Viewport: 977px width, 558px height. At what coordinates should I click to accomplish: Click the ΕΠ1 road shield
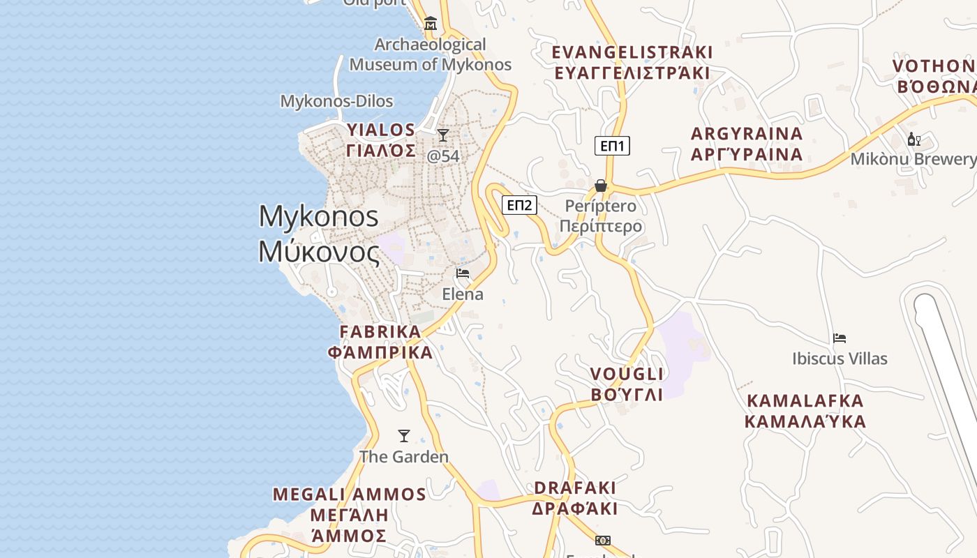click(612, 146)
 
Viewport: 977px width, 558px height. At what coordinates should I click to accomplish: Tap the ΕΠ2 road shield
click(519, 204)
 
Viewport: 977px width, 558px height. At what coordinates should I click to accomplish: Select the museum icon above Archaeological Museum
click(431, 24)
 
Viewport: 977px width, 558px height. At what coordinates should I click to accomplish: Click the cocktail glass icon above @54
click(443, 135)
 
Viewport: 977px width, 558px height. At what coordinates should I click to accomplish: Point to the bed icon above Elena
click(462, 273)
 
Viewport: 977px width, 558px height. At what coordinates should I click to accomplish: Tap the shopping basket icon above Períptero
click(600, 186)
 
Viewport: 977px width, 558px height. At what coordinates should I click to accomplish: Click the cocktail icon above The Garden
click(403, 436)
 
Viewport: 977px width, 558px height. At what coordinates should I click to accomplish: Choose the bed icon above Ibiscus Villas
click(840, 338)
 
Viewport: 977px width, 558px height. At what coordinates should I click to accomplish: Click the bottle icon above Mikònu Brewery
click(913, 139)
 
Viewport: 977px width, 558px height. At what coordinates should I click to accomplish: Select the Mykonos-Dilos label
click(336, 101)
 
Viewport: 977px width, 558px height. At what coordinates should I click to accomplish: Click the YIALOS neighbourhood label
click(381, 139)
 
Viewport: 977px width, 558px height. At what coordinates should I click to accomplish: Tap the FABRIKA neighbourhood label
click(380, 342)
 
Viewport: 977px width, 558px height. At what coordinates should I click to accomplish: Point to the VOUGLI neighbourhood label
click(627, 384)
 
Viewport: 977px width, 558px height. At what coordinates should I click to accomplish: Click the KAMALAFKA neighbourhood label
click(805, 411)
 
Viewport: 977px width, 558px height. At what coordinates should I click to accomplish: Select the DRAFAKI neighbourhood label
click(575, 497)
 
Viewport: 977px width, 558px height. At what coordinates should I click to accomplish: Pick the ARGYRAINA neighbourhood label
click(747, 144)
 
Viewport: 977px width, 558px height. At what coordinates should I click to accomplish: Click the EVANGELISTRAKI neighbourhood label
click(632, 62)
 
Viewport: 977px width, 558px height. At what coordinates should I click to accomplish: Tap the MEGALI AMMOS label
click(349, 515)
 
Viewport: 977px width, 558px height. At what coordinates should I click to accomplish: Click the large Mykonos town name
click(319, 234)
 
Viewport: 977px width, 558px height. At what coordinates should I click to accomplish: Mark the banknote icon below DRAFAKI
click(602, 541)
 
